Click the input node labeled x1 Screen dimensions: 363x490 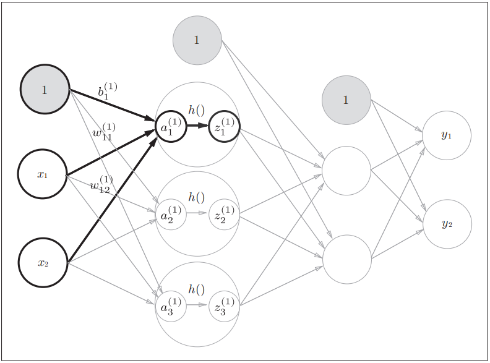tap(42, 174)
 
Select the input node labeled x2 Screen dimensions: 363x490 tap(43, 263)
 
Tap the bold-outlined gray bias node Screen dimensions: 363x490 tap(45, 90)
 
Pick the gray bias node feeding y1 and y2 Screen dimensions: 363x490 tap(346, 100)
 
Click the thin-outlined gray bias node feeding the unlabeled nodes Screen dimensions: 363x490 tap(197, 40)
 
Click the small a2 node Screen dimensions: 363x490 tap(171, 214)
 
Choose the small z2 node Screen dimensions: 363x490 tap(224, 214)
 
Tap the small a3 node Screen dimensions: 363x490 tap(171, 305)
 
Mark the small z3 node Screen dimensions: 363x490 tap(224, 305)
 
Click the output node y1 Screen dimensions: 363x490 tap(447, 135)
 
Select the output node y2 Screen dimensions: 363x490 tap(447, 224)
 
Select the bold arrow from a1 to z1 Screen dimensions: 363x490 tap(197, 126)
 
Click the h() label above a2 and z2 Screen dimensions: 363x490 tap(197, 197)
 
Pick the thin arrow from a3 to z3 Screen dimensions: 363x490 tap(197, 305)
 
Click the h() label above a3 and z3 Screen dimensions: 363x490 tap(197, 289)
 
